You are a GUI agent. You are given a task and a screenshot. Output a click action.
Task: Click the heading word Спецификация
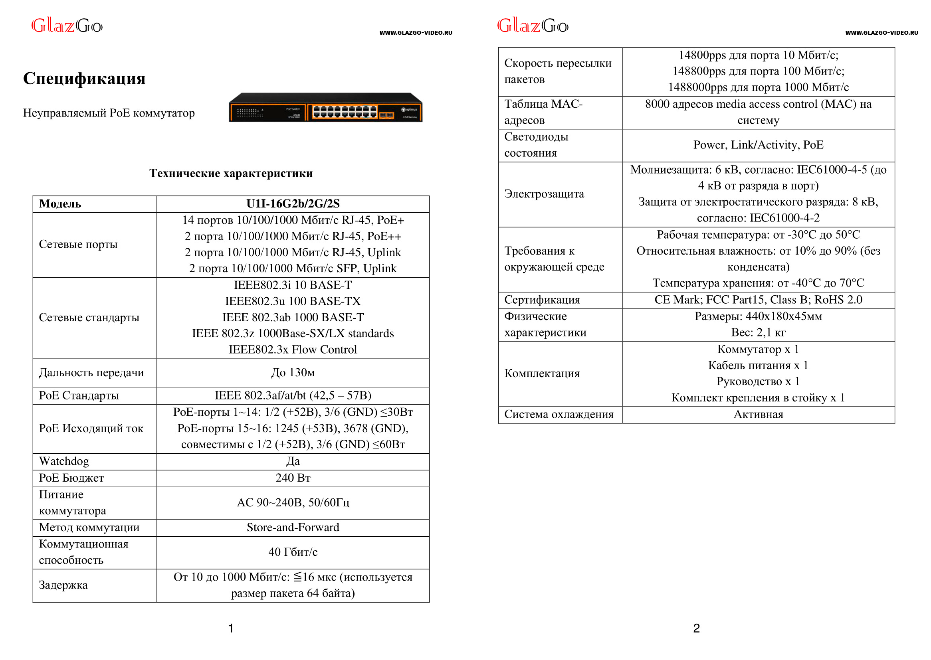click(x=84, y=79)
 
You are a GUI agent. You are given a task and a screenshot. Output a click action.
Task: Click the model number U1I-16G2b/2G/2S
click(x=293, y=204)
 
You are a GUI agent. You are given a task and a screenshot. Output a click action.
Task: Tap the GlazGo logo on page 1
click(x=67, y=26)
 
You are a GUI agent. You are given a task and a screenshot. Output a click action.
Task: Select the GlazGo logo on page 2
click(x=533, y=26)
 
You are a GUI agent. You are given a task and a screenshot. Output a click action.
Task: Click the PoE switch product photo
click(x=325, y=108)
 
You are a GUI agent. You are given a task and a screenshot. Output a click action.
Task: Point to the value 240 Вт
click(x=293, y=478)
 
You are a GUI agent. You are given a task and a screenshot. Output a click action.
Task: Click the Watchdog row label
click(x=64, y=461)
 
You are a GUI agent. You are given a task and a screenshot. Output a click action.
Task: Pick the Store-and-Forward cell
click(x=293, y=528)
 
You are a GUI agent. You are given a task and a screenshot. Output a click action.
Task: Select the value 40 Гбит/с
click(x=293, y=552)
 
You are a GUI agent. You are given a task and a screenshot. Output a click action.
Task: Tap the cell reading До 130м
click(x=293, y=373)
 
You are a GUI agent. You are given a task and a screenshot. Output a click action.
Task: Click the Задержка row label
click(x=63, y=585)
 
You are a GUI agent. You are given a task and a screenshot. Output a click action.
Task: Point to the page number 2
click(x=696, y=629)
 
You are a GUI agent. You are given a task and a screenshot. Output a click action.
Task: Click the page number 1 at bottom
click(x=231, y=629)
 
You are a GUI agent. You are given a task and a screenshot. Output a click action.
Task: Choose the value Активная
click(x=758, y=415)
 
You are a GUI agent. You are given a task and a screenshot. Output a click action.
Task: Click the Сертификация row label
click(x=542, y=300)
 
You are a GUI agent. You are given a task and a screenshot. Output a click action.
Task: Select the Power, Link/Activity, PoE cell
click(x=758, y=145)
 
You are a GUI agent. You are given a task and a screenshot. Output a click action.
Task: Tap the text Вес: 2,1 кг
click(x=758, y=332)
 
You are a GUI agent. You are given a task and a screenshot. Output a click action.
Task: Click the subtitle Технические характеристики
click(x=231, y=173)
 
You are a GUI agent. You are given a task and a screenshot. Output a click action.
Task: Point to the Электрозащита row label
click(x=544, y=194)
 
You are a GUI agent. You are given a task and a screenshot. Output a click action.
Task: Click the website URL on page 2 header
click(x=881, y=33)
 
